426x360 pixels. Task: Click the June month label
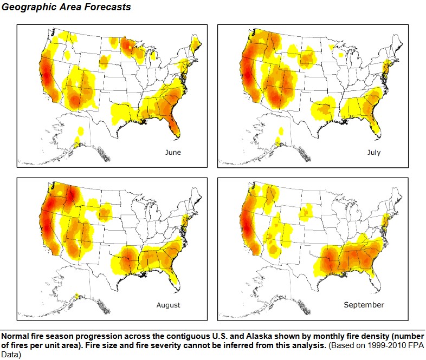pyautogui.click(x=173, y=152)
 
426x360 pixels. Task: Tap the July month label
pyautogui.click(x=374, y=152)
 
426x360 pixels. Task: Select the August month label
pyautogui.click(x=168, y=305)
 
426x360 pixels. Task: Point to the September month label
pyautogui.click(x=364, y=305)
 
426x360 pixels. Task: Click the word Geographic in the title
pyautogui.click(x=27, y=8)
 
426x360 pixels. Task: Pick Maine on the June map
pyautogui.click(x=196, y=41)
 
